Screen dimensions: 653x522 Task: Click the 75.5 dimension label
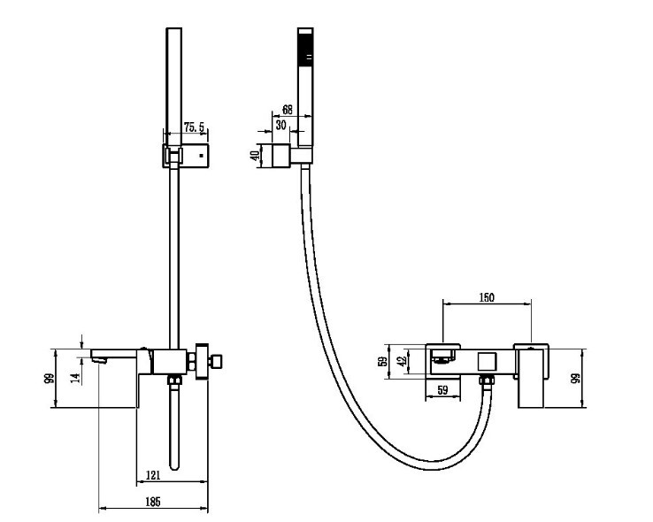[195, 127]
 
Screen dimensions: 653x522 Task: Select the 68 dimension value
[288, 110]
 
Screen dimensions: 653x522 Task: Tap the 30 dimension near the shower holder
[281, 125]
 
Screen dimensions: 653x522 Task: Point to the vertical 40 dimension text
[256, 155]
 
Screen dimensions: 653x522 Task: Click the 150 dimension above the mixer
[487, 297]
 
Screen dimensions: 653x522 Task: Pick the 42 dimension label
[402, 361]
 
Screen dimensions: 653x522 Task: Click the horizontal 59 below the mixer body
[442, 390]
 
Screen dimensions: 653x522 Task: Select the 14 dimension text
[75, 378]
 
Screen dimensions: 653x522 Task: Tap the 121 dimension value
[153, 475]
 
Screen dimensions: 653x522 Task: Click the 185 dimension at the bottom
[152, 502]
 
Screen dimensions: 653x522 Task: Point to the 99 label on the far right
[576, 379]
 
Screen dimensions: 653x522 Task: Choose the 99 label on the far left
[50, 379]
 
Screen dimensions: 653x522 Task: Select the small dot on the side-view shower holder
[202, 156]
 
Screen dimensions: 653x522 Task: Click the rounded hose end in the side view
[174, 465]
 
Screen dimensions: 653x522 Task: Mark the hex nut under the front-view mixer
[486, 380]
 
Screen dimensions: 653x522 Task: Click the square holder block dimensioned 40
[281, 155]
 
